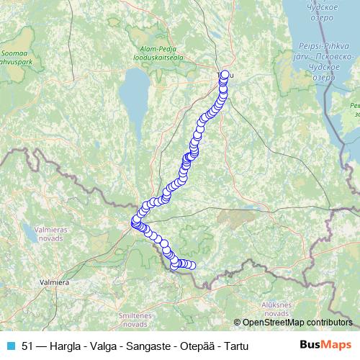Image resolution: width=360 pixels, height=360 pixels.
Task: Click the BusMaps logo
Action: (326, 345)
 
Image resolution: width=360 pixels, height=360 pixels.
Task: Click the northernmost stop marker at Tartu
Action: (225, 74)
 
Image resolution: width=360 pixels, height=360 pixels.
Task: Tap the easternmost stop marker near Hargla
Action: (192, 265)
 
